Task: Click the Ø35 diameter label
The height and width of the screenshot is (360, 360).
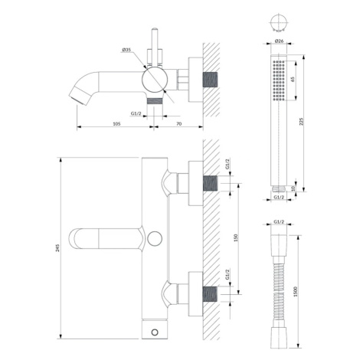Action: pos(126,50)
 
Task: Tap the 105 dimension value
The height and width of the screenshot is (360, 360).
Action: pos(116,124)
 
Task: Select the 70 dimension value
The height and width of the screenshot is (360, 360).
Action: pos(179,124)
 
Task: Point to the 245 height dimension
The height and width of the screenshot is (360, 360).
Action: pos(57,248)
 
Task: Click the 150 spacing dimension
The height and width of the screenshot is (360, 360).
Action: pos(236,238)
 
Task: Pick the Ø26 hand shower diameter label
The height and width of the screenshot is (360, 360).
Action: pos(279,41)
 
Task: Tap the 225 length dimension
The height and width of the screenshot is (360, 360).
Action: pos(301,122)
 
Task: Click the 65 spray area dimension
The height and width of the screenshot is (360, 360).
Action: pos(293,80)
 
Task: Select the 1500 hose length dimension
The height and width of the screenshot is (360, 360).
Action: pos(296,292)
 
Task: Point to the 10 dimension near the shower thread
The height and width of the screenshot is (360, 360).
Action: pos(293,188)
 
